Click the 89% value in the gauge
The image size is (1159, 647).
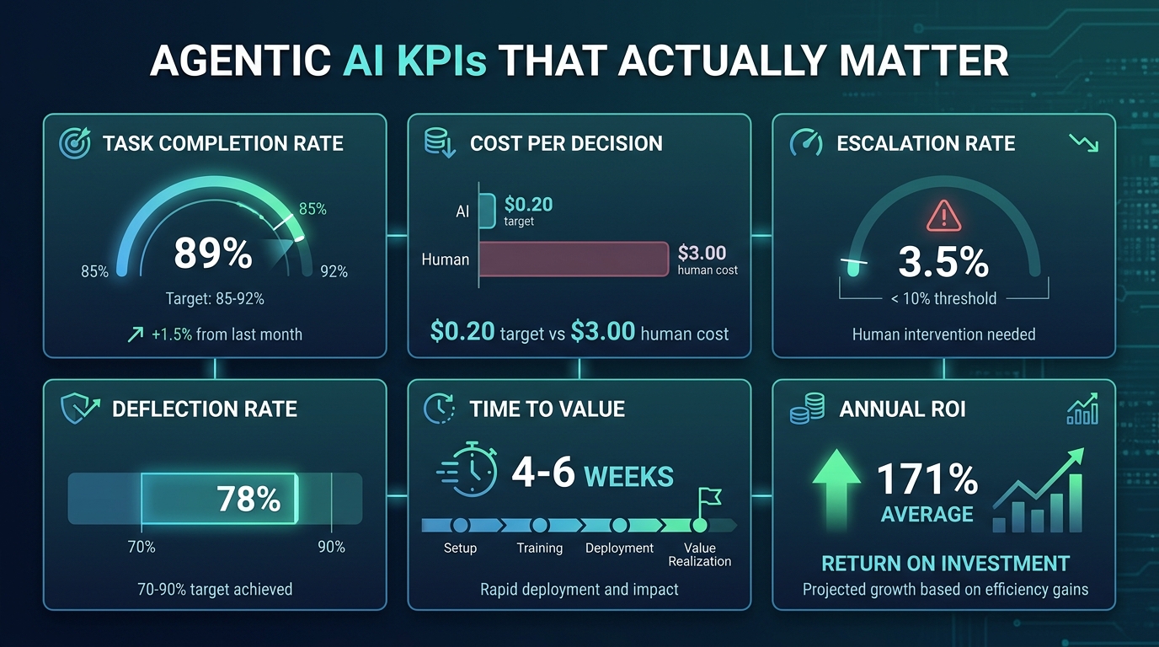(x=213, y=254)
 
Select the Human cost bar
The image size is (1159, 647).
(x=574, y=259)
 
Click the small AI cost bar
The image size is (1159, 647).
(x=487, y=211)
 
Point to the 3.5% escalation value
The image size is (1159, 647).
(x=943, y=262)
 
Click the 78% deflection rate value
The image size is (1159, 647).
(x=248, y=500)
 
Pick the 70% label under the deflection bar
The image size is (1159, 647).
(x=141, y=547)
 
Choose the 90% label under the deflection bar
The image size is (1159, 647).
(x=331, y=547)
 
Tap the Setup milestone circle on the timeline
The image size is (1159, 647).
(x=460, y=526)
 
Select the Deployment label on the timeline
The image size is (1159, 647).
(x=619, y=548)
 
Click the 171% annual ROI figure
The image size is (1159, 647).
(x=927, y=480)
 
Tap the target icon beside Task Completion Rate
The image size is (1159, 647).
(x=75, y=143)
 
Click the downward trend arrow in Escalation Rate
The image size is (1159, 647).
(x=1082, y=143)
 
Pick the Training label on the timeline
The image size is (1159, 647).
(x=539, y=548)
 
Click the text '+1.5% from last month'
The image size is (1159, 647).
(x=227, y=334)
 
